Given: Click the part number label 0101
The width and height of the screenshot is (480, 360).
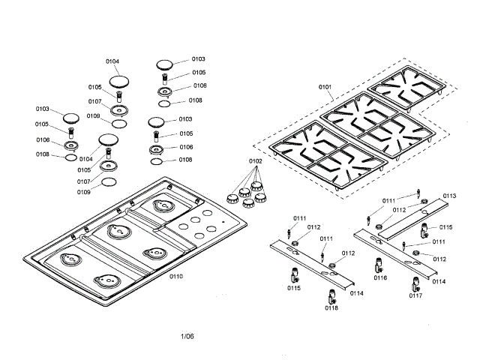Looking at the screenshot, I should (x=325, y=88).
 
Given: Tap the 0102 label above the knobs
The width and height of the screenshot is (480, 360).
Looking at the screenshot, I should (x=256, y=161).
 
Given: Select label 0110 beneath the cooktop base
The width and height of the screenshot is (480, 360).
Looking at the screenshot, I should (x=176, y=277).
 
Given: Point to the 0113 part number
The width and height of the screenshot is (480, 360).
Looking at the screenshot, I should (x=449, y=196).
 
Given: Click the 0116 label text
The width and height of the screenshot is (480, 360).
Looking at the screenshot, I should (x=380, y=278).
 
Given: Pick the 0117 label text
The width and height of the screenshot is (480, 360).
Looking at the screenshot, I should (x=416, y=295).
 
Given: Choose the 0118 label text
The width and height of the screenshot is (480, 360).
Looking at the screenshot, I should (x=331, y=307).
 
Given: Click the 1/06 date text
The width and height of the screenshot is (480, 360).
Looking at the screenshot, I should (x=187, y=335).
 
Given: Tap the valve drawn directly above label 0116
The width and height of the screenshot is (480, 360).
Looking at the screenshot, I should (x=380, y=265).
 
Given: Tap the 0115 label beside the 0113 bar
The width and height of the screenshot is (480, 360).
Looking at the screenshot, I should (x=446, y=226).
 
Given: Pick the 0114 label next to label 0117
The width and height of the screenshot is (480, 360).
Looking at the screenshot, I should (x=439, y=281).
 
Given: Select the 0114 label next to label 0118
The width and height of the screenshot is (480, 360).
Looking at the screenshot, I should (x=355, y=293).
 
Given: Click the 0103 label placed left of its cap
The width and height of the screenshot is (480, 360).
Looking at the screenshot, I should (x=43, y=109).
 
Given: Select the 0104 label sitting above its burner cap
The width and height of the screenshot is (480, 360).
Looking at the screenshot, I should (x=112, y=61).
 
